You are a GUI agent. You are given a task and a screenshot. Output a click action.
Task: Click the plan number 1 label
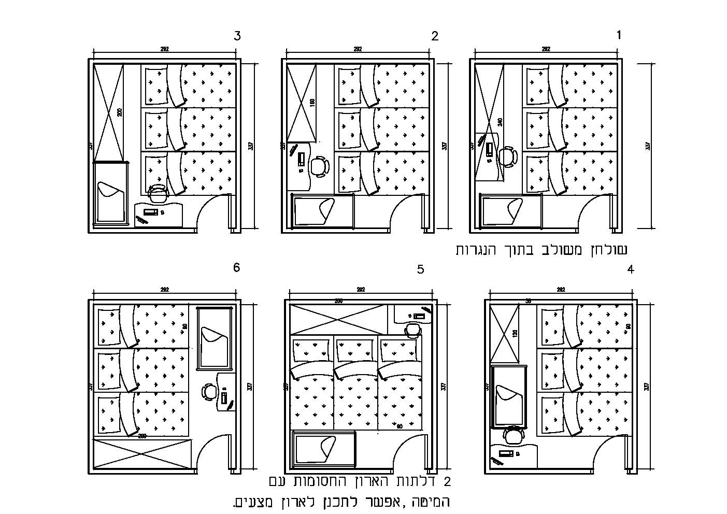(618, 35)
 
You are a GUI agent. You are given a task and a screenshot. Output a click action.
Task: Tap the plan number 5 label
(420, 269)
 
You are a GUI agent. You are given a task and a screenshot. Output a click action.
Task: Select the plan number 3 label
(237, 36)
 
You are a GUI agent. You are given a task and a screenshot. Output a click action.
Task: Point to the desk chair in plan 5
(412, 330)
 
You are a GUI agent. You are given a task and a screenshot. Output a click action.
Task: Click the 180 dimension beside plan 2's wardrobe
(311, 103)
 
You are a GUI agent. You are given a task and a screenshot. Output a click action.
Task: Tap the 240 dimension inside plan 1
(500, 122)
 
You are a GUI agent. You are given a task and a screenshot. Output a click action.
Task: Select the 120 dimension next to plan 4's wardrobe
(515, 333)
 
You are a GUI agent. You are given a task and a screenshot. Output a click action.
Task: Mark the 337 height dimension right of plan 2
(444, 146)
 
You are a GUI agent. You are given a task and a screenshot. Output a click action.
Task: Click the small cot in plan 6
(213, 338)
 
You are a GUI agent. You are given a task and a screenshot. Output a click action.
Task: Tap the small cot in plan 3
(110, 193)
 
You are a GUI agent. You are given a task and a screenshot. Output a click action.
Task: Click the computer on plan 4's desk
(506, 453)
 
